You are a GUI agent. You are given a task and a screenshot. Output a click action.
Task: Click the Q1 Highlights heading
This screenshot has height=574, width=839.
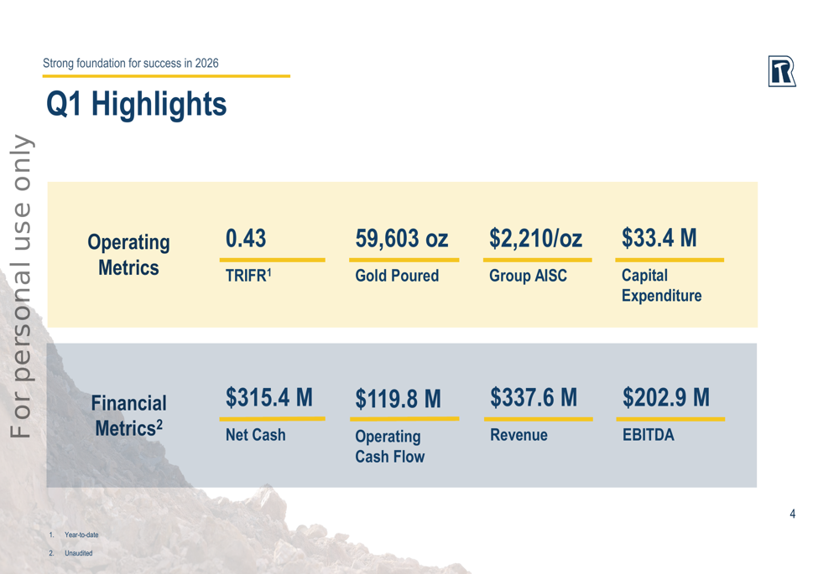[136, 105]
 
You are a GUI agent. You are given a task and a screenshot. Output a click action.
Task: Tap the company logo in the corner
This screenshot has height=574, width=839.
[781, 72]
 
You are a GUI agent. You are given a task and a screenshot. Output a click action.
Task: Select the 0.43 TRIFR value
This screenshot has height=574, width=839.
[246, 239]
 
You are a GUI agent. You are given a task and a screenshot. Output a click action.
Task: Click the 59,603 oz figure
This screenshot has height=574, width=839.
[401, 239]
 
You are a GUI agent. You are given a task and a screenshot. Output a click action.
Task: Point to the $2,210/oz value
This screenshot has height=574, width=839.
[535, 239]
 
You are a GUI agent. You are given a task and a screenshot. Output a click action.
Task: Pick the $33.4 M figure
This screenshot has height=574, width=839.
[659, 239]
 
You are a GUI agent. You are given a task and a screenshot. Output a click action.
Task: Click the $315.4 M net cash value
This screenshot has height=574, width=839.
[268, 397]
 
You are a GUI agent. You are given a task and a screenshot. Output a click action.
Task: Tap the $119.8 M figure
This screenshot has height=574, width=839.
[398, 399]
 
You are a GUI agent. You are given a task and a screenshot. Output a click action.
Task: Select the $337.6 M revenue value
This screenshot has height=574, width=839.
[534, 397]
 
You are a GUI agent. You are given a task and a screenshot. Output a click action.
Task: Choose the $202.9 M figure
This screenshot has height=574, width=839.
[665, 397]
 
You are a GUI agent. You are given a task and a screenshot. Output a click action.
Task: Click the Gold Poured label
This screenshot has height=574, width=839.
[397, 276]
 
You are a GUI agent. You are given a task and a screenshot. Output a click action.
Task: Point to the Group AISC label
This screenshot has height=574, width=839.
[528, 276]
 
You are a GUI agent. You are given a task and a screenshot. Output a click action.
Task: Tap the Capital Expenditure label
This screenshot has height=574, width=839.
[661, 286]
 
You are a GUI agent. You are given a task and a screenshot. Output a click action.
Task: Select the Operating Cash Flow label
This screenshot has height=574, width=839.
[389, 447]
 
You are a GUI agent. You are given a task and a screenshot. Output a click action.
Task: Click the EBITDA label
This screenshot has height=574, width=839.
[648, 436]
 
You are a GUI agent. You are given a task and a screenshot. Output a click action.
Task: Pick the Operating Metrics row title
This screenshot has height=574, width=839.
[128, 255]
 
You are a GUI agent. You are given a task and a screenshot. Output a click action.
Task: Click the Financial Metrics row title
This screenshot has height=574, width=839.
[128, 416]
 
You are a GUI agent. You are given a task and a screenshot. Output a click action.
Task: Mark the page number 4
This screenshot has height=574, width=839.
[792, 514]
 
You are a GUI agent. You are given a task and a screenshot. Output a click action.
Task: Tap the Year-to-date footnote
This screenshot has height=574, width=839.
[81, 535]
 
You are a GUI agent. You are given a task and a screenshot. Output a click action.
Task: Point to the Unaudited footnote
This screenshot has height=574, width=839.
[78, 553]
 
